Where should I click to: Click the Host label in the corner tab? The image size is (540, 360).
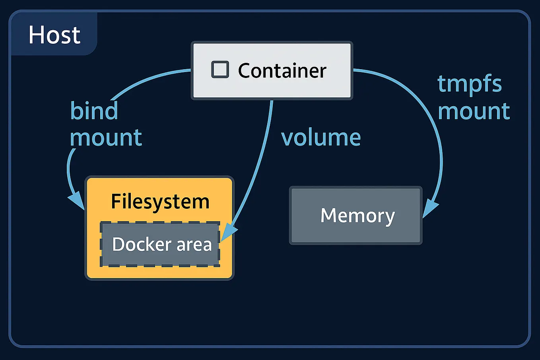54,35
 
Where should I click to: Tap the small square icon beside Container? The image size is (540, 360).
220,70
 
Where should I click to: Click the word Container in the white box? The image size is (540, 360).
282,71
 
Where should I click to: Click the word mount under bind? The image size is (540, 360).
106,138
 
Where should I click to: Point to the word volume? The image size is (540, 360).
321,138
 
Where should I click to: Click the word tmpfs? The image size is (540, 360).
470,84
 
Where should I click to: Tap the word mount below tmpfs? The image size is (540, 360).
474,111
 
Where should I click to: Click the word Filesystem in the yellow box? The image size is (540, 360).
160,201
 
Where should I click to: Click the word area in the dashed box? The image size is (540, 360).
194,244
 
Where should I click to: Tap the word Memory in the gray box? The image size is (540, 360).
357,216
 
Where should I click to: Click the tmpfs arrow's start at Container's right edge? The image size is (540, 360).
355,70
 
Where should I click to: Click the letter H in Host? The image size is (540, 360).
36,35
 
